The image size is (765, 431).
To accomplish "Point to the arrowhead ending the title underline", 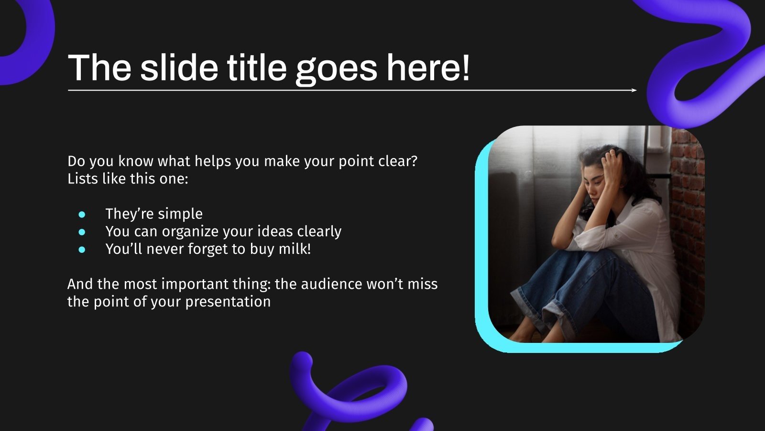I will (634, 90).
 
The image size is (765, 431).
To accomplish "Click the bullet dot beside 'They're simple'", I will (82, 214).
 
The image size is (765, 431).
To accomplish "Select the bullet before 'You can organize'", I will (82, 232).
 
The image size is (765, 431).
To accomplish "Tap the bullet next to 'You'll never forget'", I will (82, 250).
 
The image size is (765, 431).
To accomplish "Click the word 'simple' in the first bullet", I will (180, 214).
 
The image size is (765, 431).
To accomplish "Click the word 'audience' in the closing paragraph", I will (331, 284).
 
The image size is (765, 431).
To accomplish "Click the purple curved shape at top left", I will (29, 38).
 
